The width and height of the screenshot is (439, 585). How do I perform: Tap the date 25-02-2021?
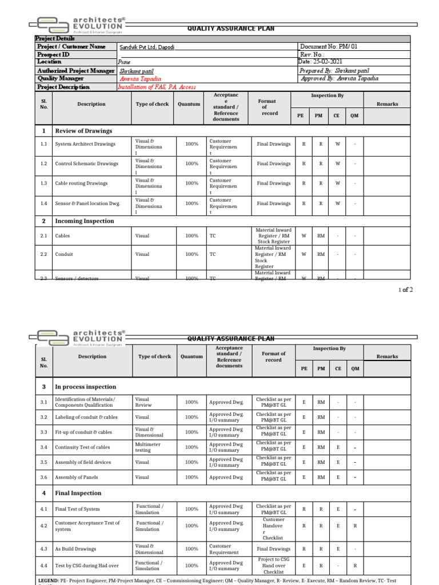coord(321,62)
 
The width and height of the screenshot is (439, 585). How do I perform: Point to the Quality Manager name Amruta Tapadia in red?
coord(141,79)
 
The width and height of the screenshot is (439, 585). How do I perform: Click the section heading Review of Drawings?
coord(83,131)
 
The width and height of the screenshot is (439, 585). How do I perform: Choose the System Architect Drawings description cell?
coord(85,144)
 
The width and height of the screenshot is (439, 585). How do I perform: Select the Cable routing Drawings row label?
coord(81,183)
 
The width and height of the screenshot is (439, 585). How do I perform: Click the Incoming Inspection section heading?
coord(84,221)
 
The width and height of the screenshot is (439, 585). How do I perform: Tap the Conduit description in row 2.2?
coord(64,254)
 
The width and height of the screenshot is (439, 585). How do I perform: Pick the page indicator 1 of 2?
coord(405,290)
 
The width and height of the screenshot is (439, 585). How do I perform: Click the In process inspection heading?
coord(85,387)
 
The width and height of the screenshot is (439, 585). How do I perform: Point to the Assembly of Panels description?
coord(77,477)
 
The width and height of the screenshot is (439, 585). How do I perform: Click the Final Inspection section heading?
coord(78,493)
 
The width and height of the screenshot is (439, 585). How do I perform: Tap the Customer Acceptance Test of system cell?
coord(87,526)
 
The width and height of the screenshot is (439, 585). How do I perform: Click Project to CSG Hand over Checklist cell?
coord(274,566)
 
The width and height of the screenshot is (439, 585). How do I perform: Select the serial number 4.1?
coord(44,509)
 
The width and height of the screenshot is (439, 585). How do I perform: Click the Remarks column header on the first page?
coord(387,104)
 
